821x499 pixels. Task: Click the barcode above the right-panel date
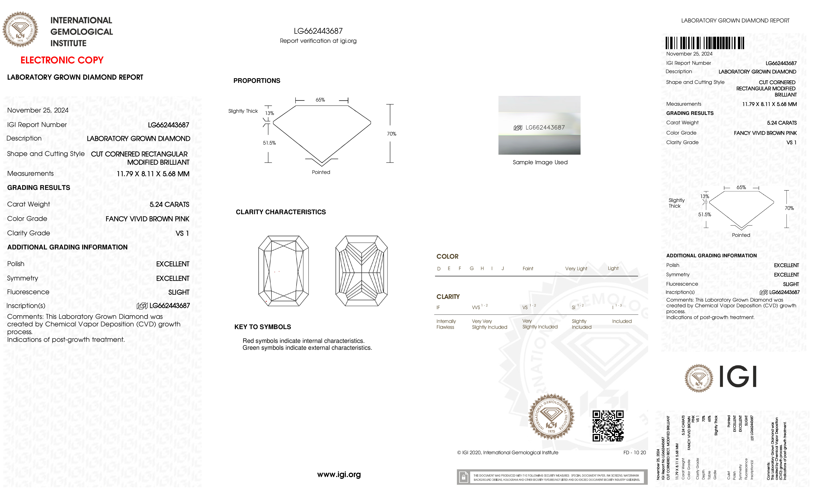705,43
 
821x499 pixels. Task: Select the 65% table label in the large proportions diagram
320,100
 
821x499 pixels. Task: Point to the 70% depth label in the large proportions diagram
392,134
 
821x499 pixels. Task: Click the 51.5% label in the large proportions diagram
269,143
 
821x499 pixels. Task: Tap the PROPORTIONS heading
257,81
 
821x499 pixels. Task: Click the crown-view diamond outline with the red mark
283,271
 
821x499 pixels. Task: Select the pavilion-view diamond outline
362,271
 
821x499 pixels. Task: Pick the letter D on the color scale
439,269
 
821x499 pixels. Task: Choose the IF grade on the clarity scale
438,308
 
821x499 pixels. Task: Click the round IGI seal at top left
20,29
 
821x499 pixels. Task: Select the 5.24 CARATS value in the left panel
169,204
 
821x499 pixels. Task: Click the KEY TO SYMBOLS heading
263,327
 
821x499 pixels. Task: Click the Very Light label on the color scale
576,269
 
